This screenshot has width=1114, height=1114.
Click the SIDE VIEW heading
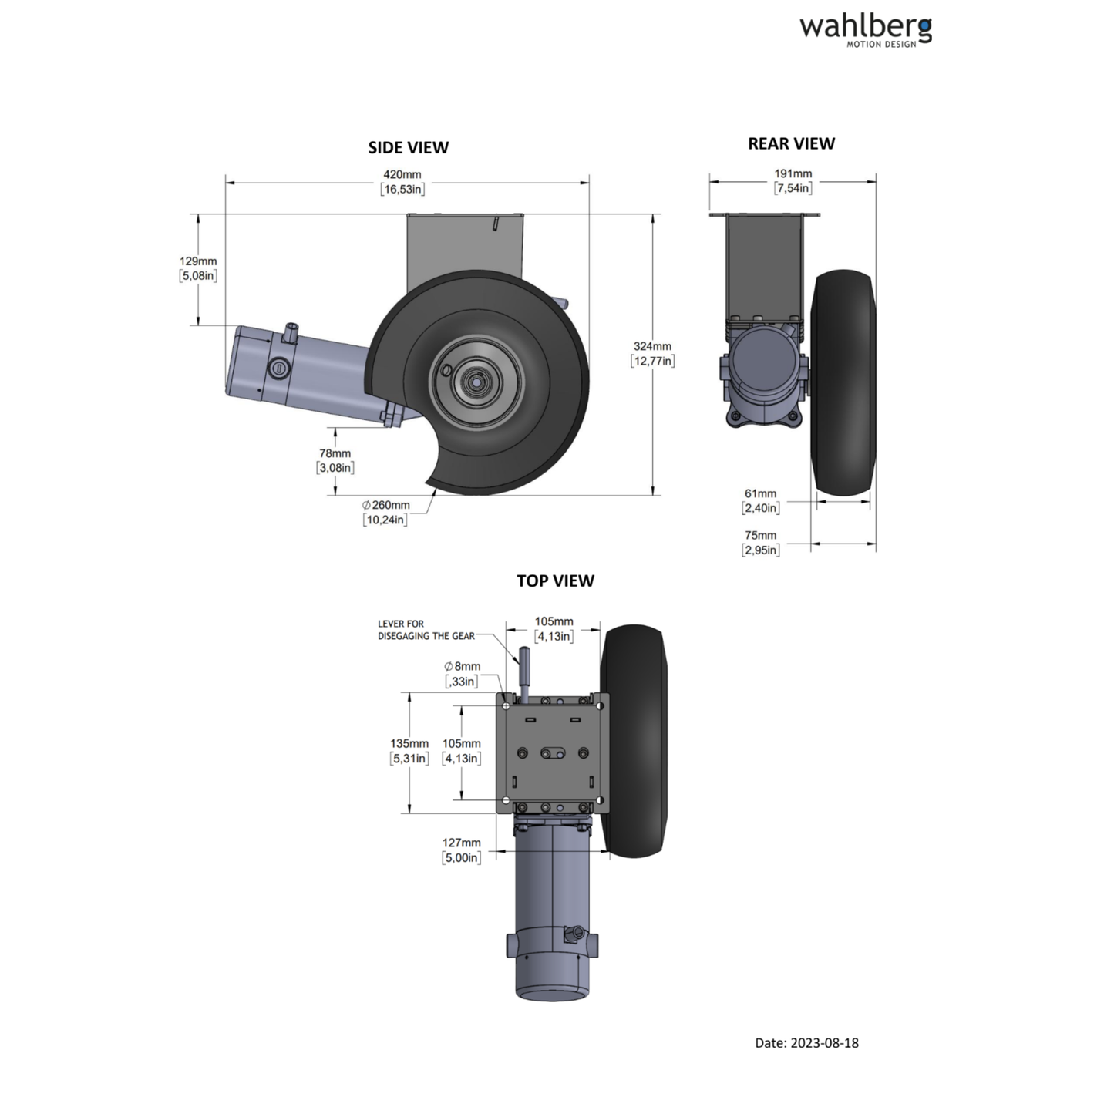click(408, 147)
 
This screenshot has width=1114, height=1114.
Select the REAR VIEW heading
click(791, 143)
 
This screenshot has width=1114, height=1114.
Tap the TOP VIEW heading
click(555, 581)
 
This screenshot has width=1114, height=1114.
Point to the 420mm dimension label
click(402, 182)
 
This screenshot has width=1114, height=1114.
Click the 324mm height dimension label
click(652, 354)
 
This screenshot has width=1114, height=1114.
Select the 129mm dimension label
click(198, 268)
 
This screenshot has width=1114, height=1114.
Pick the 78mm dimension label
click(335, 460)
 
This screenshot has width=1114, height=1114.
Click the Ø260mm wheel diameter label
click(385, 513)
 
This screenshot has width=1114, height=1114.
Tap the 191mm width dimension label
click(793, 180)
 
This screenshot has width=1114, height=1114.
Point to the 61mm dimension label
click(760, 500)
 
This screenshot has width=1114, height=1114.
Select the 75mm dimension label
click(760, 542)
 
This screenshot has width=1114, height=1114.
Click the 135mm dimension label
click(409, 751)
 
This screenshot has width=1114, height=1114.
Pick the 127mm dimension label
click(461, 850)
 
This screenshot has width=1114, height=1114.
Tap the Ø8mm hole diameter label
click(462, 674)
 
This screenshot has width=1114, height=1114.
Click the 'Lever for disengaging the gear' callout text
click(426, 630)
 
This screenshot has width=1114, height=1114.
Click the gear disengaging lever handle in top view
click(524, 668)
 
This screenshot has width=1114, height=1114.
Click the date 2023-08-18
click(806, 1042)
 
